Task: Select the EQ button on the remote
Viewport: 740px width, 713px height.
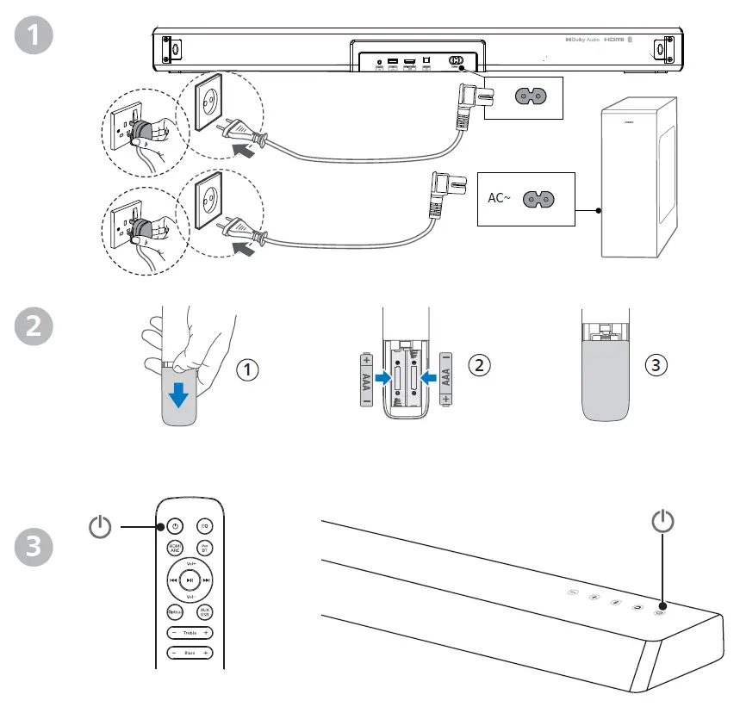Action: point(205,525)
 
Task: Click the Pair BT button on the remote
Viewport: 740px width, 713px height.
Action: point(205,548)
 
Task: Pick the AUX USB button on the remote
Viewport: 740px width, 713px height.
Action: point(205,611)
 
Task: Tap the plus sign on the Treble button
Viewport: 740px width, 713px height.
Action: point(207,634)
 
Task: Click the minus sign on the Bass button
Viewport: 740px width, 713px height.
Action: point(173,654)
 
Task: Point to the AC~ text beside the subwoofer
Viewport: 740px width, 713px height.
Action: point(500,198)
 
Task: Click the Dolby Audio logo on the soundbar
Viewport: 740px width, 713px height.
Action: point(582,40)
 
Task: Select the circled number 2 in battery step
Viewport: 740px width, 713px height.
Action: point(479,364)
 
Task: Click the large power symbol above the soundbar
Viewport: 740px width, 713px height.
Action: point(662,522)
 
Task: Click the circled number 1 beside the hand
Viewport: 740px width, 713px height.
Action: point(247,370)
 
